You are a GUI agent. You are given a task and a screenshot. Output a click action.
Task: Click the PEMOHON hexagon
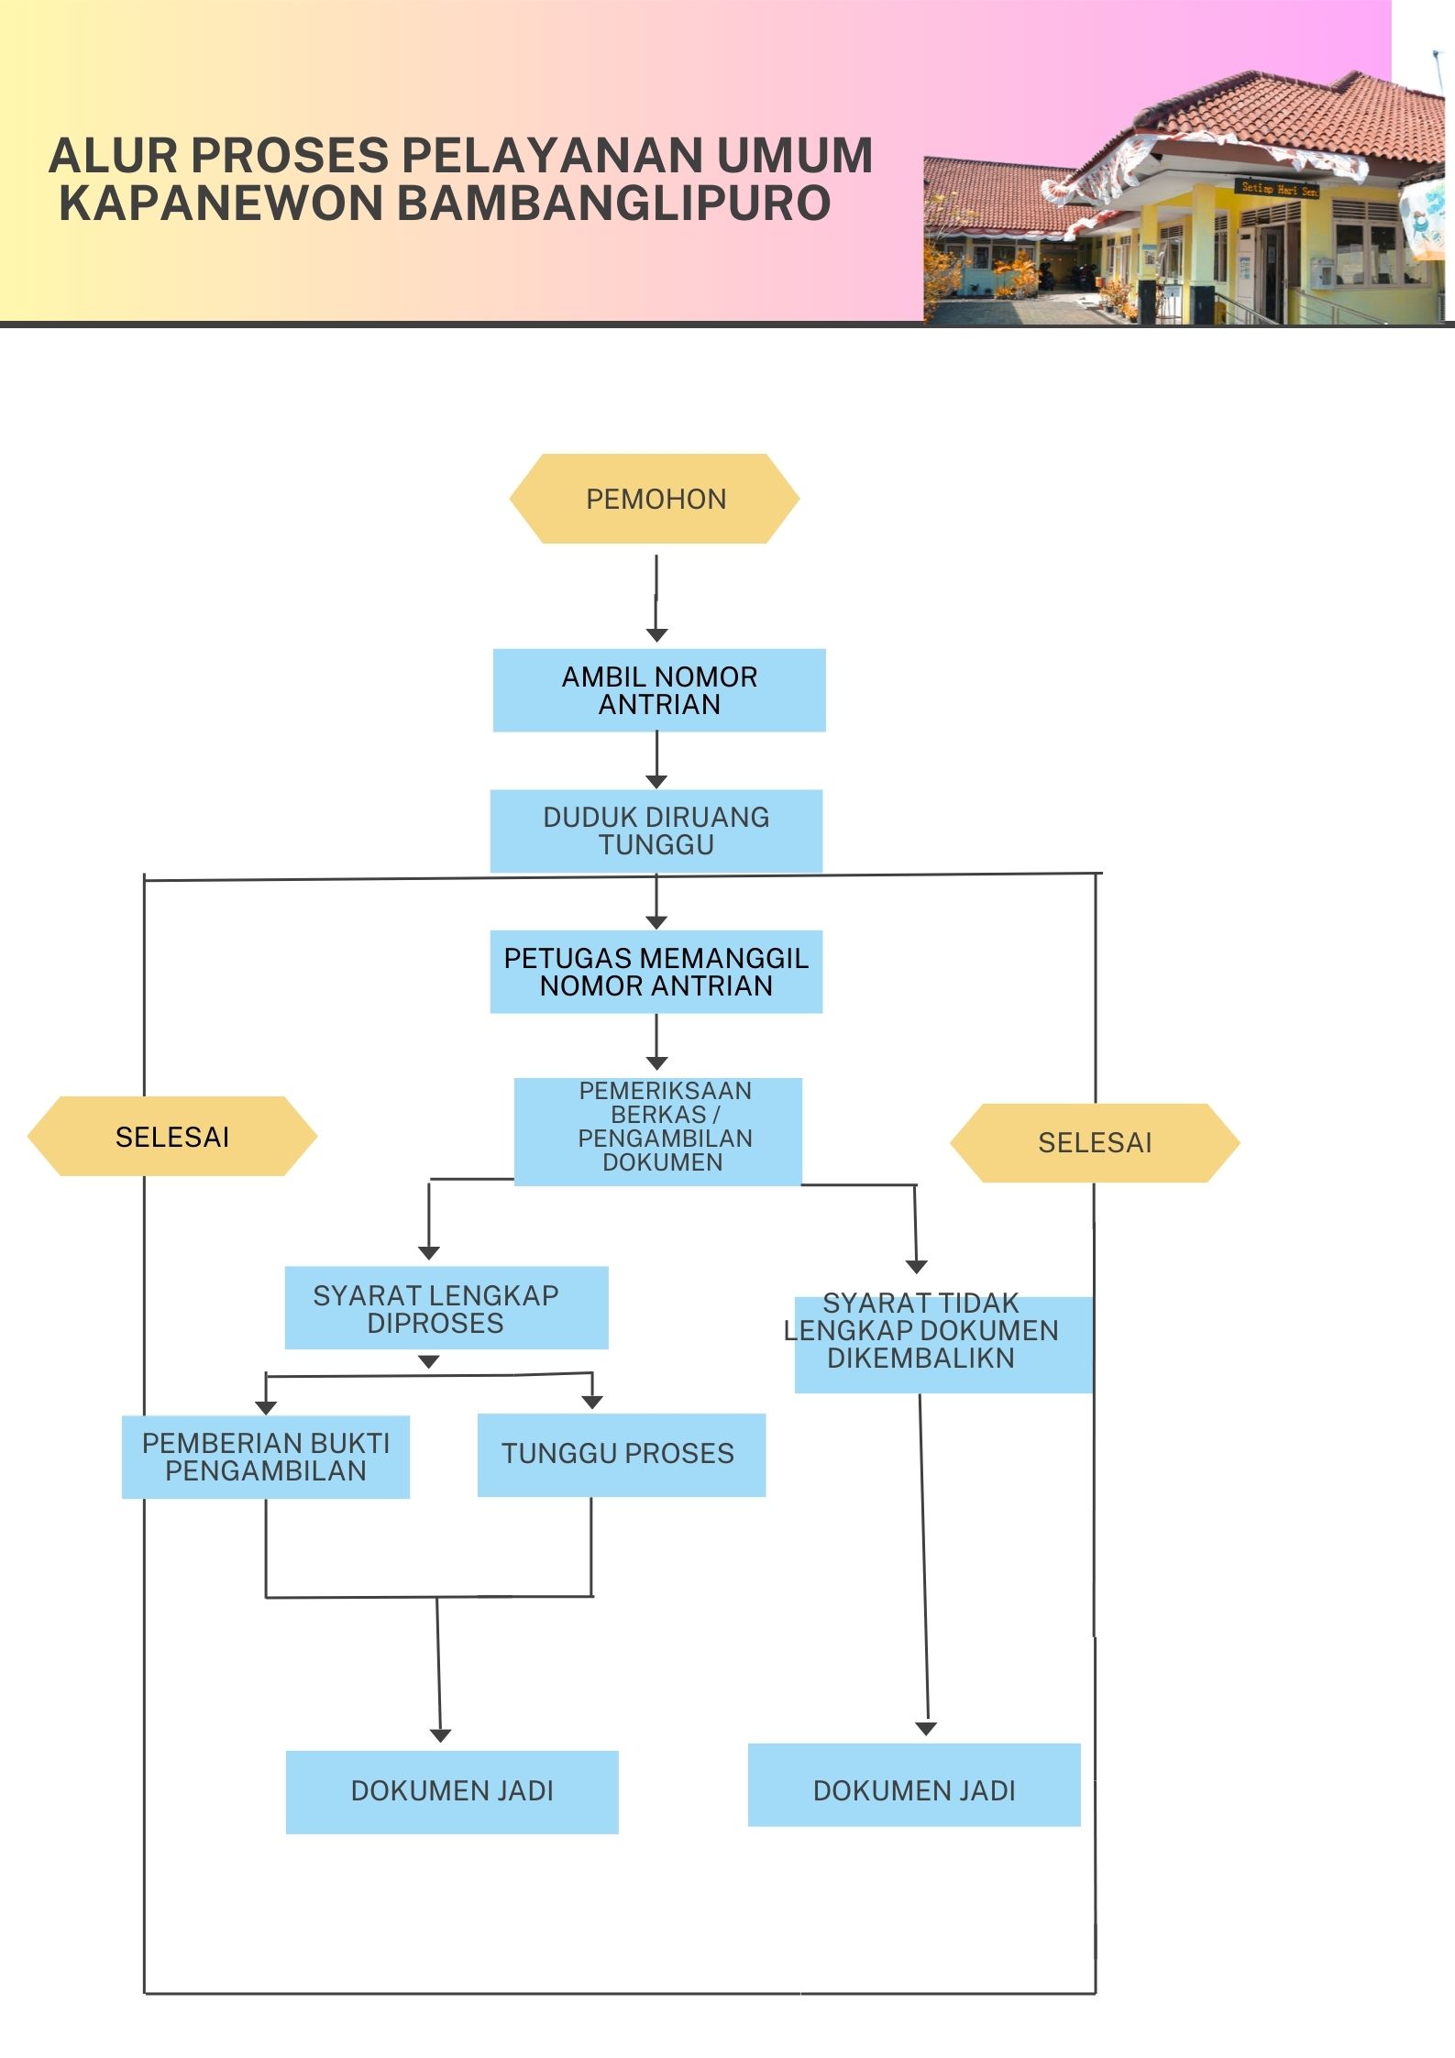pyautogui.click(x=655, y=499)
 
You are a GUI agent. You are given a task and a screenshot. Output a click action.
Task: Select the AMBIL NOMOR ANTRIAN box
pyautogui.click(x=659, y=690)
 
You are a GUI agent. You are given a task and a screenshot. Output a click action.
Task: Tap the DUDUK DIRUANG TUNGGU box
pyautogui.click(x=656, y=831)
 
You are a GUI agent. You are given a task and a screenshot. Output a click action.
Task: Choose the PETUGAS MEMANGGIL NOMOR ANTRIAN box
pyautogui.click(x=656, y=972)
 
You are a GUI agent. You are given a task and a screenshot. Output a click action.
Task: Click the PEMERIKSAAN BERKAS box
pyautogui.click(x=658, y=1131)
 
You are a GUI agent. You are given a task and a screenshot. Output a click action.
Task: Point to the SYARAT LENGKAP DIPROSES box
pyautogui.click(x=446, y=1307)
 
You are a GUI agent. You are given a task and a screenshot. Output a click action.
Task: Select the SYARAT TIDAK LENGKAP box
pyautogui.click(x=942, y=1344)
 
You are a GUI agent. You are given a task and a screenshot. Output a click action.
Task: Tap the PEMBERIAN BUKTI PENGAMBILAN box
pyautogui.click(x=266, y=1457)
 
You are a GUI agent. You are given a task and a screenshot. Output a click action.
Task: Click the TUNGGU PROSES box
pyautogui.click(x=621, y=1455)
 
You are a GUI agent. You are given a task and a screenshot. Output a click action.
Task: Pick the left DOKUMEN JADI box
pyautogui.click(x=452, y=1791)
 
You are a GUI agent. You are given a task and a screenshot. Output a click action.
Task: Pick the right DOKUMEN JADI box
pyautogui.click(x=914, y=1785)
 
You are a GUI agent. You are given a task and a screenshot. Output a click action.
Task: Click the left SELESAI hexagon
pyautogui.click(x=172, y=1137)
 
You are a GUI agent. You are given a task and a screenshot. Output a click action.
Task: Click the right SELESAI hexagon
pyautogui.click(x=1095, y=1143)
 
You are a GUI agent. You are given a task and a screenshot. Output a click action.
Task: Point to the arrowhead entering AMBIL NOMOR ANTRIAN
pyautogui.click(x=656, y=635)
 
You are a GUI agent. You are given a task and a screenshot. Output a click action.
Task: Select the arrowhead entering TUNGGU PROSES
pyautogui.click(x=592, y=1403)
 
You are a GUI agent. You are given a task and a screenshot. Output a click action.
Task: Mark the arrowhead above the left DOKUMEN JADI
pyautogui.click(x=440, y=1735)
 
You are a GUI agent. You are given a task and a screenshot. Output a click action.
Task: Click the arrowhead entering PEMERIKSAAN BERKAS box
pyautogui.click(x=656, y=1063)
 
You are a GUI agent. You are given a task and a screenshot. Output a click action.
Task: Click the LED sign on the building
pyautogui.click(x=1278, y=188)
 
